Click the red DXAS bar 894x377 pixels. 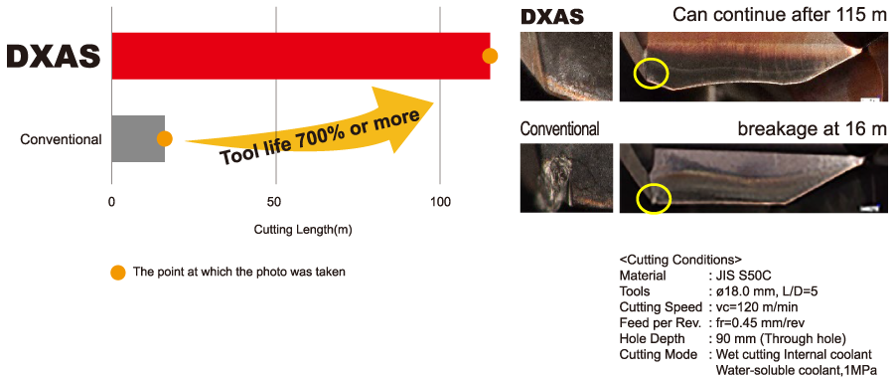point(298,56)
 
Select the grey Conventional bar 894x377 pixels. point(137,138)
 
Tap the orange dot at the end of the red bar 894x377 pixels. point(489,56)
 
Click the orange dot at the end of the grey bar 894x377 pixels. point(165,139)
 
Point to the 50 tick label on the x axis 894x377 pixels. point(276,202)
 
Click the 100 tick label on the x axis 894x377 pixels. point(440,202)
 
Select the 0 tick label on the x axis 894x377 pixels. point(112,202)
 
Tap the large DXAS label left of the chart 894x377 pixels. point(54,57)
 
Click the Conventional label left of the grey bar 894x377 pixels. point(61,139)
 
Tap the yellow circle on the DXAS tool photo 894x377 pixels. point(652,72)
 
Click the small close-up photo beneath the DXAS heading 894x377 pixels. point(566,66)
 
